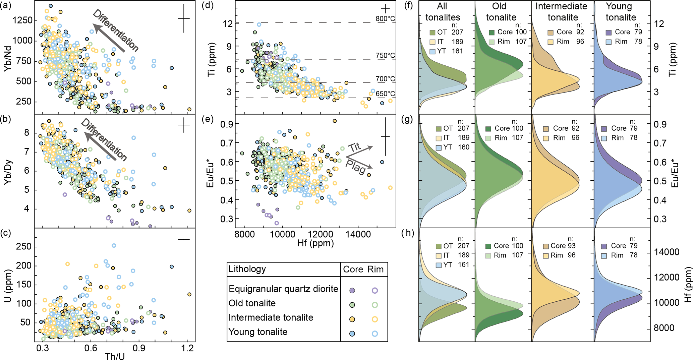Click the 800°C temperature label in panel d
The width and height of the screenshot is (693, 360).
point(385,19)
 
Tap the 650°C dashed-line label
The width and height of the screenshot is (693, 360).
point(385,94)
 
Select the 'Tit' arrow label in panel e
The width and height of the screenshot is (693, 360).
point(354,147)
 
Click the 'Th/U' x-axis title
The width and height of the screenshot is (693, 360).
point(115,356)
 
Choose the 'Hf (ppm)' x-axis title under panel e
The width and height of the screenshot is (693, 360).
point(315,243)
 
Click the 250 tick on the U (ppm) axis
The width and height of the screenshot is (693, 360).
point(24,246)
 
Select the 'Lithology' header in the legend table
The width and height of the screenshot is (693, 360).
point(247,269)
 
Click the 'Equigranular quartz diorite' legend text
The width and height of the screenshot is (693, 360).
point(283,289)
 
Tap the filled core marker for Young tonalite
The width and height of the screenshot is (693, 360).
point(352,334)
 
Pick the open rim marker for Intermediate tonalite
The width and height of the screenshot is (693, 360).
point(375,319)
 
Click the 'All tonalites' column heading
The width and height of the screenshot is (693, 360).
point(443,12)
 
